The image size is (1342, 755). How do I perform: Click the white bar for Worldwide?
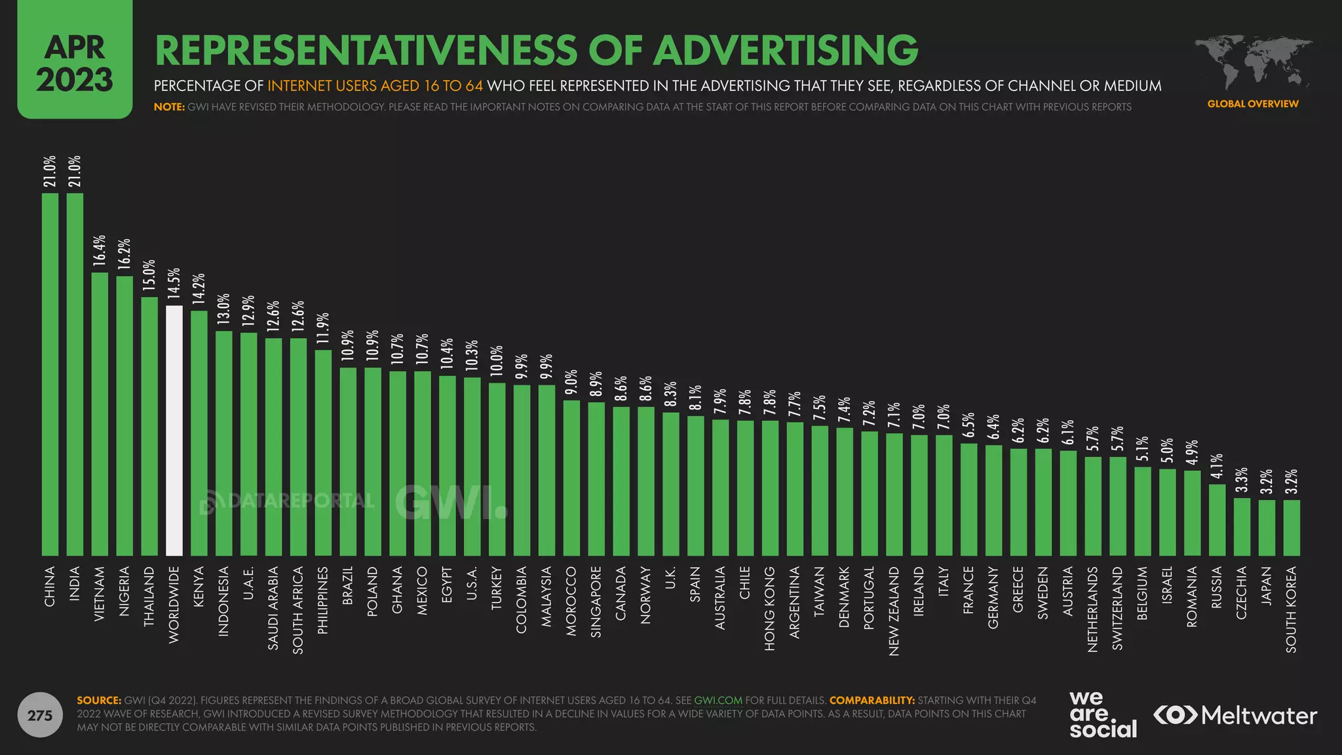pyautogui.click(x=174, y=431)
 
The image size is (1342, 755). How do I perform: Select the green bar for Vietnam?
pyautogui.click(x=100, y=414)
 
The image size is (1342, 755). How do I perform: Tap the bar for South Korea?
pyautogui.click(x=1291, y=528)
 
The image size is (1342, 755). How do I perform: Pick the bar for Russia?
pyautogui.click(x=1217, y=520)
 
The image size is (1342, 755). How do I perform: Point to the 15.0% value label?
pyautogui.click(x=149, y=275)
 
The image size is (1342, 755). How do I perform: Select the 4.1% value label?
pyautogui.click(x=1217, y=466)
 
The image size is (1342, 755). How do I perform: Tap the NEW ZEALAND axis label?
pyautogui.click(x=894, y=611)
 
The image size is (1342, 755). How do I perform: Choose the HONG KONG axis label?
pyautogui.click(x=770, y=608)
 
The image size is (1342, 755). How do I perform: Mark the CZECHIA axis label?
pyautogui.click(x=1241, y=592)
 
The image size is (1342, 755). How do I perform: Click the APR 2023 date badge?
pyautogui.click(x=75, y=63)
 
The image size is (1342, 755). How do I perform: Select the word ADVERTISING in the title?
pyautogui.click(x=786, y=50)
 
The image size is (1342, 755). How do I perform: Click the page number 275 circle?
pyautogui.click(x=40, y=715)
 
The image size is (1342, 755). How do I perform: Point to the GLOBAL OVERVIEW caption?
pyautogui.click(x=1252, y=104)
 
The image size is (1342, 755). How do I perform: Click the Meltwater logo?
pyautogui.click(x=1235, y=715)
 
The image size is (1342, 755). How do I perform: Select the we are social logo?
pyautogui.click(x=1103, y=714)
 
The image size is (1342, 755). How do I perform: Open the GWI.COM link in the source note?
pyautogui.click(x=718, y=700)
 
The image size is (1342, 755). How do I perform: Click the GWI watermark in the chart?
pyautogui.click(x=450, y=503)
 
